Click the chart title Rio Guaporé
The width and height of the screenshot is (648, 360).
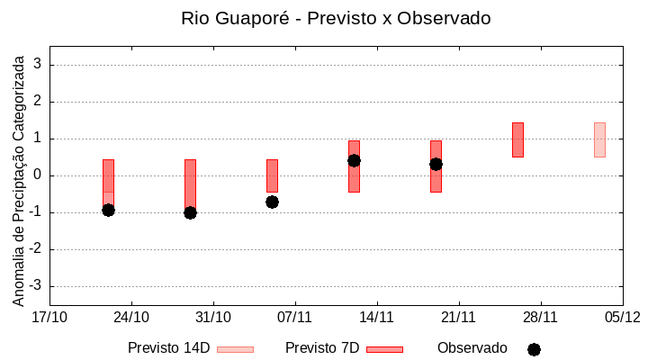pyautogui.click(x=336, y=18)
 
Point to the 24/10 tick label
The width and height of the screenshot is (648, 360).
pyautogui.click(x=131, y=317)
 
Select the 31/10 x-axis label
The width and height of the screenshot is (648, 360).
pyautogui.click(x=213, y=317)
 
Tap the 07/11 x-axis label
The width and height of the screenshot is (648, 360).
pyautogui.click(x=294, y=317)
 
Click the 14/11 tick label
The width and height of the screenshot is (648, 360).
pyautogui.click(x=376, y=317)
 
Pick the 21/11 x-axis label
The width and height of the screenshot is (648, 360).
pyautogui.click(x=458, y=317)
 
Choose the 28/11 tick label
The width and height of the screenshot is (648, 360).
pyautogui.click(x=540, y=317)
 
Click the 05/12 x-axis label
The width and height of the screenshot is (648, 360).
pyautogui.click(x=622, y=317)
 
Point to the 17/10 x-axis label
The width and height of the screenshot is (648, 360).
pyautogui.click(x=49, y=317)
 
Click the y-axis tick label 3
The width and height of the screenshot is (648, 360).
pyautogui.click(x=39, y=65)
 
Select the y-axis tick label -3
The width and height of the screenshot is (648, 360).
pyautogui.click(x=36, y=286)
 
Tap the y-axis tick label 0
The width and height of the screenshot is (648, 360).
pyautogui.click(x=39, y=175)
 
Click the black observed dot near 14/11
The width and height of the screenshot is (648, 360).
pyautogui.click(x=354, y=160)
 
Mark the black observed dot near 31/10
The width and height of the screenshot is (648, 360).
pyautogui.click(x=190, y=212)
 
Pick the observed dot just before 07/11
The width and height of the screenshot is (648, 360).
pyautogui.click(x=272, y=202)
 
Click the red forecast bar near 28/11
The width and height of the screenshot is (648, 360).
pyautogui.click(x=517, y=139)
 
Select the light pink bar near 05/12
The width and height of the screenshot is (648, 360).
pyautogui.click(x=599, y=139)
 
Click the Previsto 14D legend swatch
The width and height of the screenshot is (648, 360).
pyautogui.click(x=235, y=349)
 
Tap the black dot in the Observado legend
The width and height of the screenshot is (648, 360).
pyautogui.click(x=534, y=349)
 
